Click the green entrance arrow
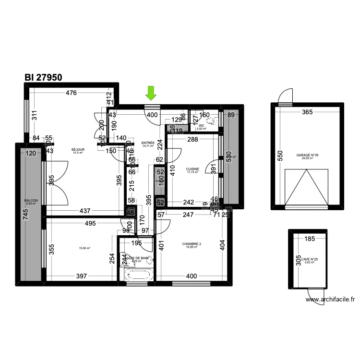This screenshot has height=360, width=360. pyautogui.click(x=151, y=93)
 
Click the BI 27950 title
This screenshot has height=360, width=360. pyautogui.click(x=43, y=77)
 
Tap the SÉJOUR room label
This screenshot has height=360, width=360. pyautogui.click(x=78, y=150)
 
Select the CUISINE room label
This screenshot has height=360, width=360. pyautogui.click(x=193, y=169)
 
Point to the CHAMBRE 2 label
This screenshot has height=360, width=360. pyautogui.click(x=192, y=244)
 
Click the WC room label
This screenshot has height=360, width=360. pyautogui.click(x=201, y=126)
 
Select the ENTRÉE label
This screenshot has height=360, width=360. pyautogui.click(x=148, y=143)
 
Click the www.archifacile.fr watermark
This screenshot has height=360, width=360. pyautogui.click(x=330, y=300)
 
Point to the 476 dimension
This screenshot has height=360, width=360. pyautogui.click(x=71, y=93)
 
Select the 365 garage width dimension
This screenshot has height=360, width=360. pyautogui.click(x=307, y=112)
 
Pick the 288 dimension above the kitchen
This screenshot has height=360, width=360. pyautogui.click(x=192, y=140)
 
